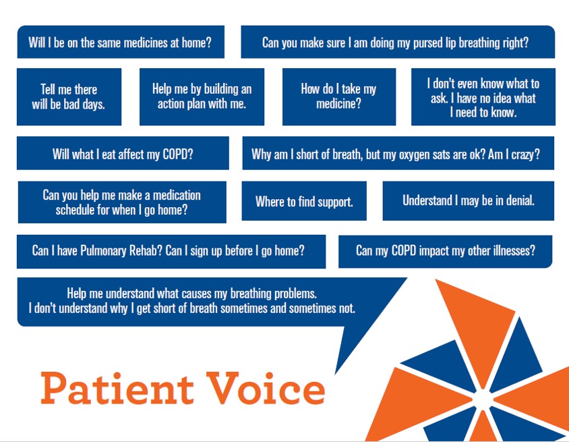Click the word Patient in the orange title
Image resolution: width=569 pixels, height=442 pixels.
(x=117, y=388)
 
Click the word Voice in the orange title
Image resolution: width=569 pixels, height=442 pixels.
(x=266, y=388)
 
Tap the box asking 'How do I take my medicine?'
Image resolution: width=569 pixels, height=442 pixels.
(x=339, y=96)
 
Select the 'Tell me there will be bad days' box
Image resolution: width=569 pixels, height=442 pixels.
(x=69, y=96)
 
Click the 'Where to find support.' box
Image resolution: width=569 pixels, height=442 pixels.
(x=304, y=201)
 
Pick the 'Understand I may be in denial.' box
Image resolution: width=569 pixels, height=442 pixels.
(x=468, y=201)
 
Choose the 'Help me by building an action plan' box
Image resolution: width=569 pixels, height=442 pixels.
(x=202, y=96)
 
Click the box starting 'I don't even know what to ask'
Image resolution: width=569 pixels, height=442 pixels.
(x=483, y=96)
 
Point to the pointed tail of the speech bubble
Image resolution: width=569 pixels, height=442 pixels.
(x=335, y=372)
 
